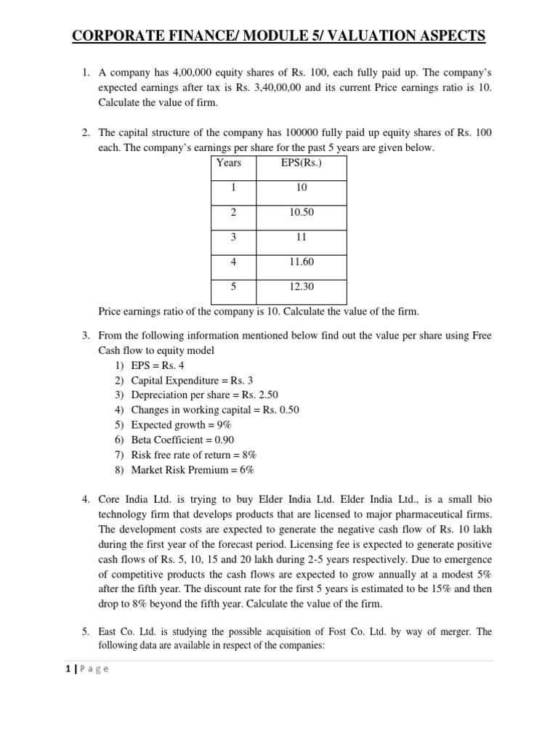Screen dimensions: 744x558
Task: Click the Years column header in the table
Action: coord(229,163)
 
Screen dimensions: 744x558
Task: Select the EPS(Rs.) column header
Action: coord(301,163)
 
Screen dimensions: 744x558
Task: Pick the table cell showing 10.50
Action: coord(301,212)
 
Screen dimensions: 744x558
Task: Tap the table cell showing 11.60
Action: coord(301,262)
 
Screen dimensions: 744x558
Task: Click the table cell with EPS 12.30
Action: coord(301,287)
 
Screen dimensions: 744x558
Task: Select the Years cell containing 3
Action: coord(233,237)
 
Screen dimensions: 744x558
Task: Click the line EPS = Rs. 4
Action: coord(158,365)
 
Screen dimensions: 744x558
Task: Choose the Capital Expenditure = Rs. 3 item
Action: coord(192,380)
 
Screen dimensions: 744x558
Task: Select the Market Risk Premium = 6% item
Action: coord(193,469)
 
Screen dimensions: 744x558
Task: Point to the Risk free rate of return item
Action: coord(194,455)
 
